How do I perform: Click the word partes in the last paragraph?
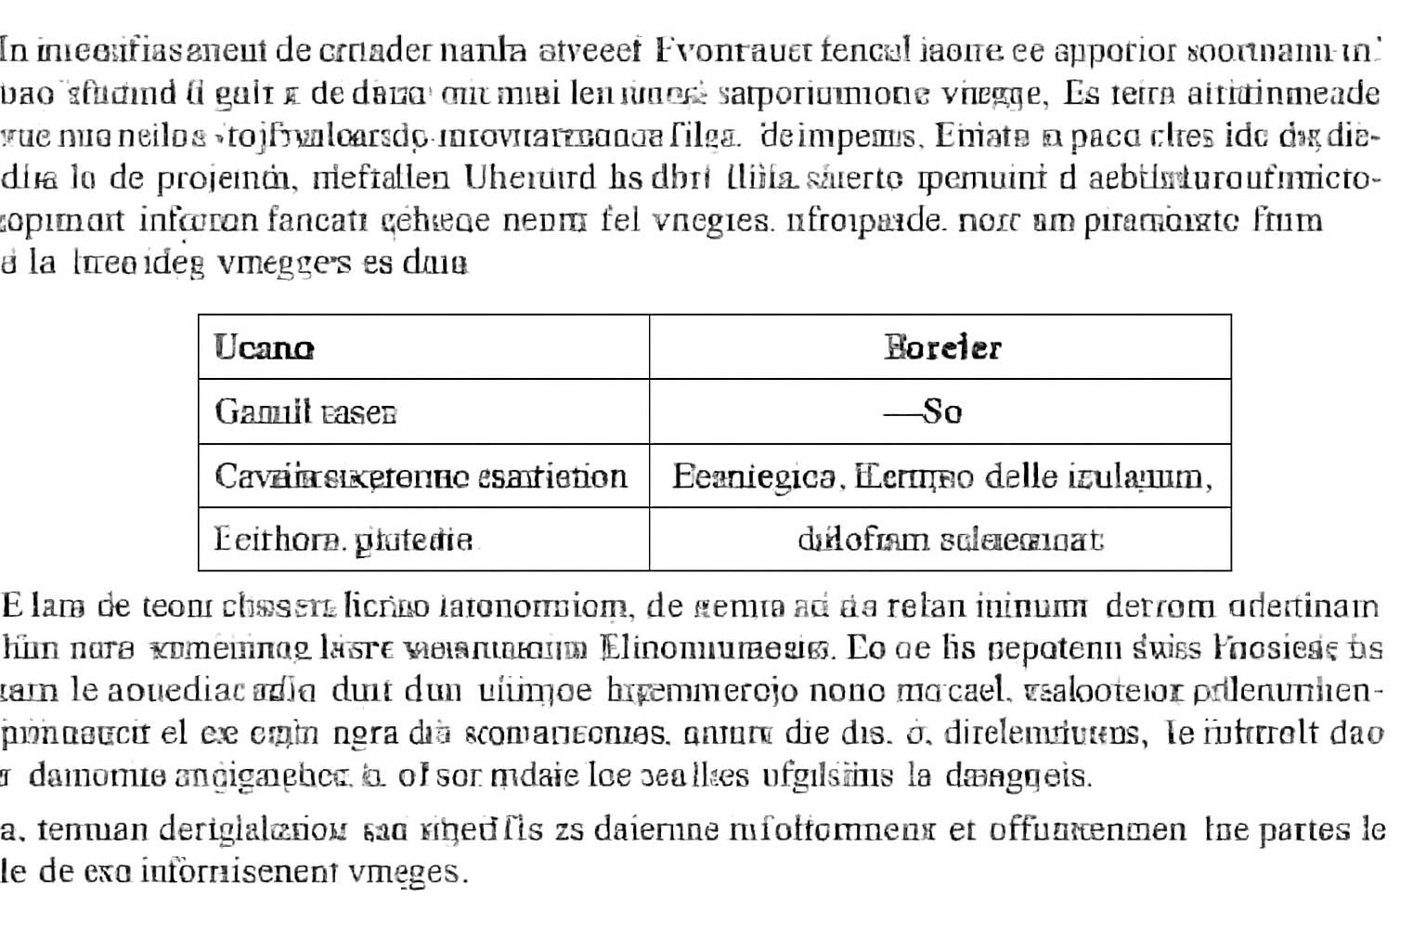1310,828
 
